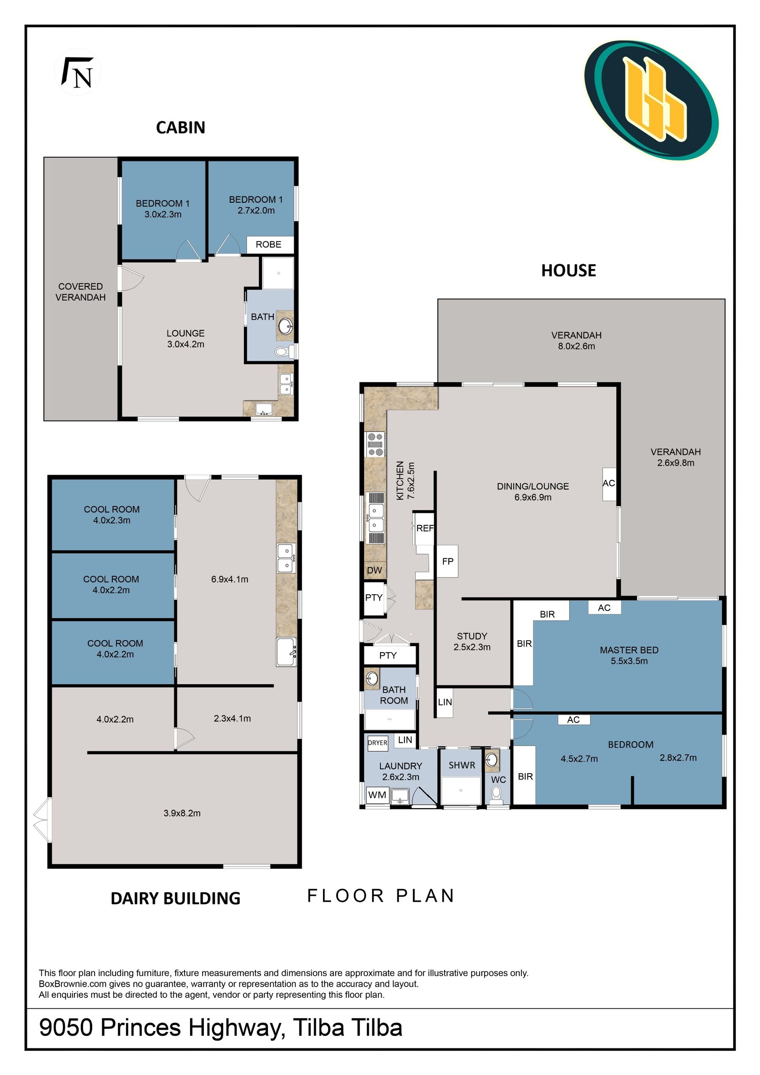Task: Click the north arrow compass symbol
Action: click(78, 72)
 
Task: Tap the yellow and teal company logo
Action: click(651, 100)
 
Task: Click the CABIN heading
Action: click(181, 127)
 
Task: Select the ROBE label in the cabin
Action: click(268, 245)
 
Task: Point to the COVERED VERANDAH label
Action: click(81, 292)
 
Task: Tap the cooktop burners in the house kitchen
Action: click(375, 444)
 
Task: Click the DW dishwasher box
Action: click(375, 570)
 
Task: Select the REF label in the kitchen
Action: click(425, 528)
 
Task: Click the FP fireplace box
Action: click(448, 561)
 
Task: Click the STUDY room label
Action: click(472, 636)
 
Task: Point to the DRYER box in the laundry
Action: click(377, 743)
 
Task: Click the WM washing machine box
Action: click(377, 795)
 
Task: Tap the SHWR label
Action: click(462, 765)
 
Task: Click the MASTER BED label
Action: click(629, 650)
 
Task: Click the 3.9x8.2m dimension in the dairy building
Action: click(182, 813)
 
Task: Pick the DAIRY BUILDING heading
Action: click(176, 898)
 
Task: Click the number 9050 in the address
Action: click(66, 1028)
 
